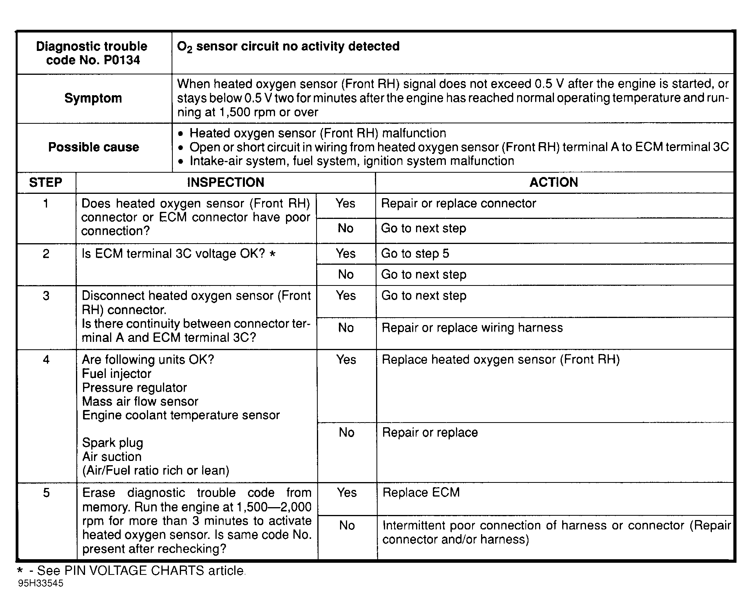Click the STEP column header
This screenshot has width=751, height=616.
tap(45, 182)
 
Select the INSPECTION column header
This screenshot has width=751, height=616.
tap(225, 182)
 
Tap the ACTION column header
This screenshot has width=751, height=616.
tap(554, 182)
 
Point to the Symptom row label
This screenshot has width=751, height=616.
tap(93, 98)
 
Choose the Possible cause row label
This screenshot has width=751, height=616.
tap(94, 147)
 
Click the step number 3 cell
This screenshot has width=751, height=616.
tap(46, 296)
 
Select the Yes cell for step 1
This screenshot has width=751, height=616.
tap(345, 204)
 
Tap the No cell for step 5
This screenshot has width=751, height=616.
tap(347, 526)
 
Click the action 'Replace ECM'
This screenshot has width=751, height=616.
tap(421, 493)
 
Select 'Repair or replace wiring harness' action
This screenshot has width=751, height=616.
tap(472, 328)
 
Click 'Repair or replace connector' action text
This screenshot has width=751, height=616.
tap(458, 204)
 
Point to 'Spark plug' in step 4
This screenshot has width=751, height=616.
tap(112, 443)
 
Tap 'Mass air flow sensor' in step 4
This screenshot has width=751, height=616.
tap(140, 401)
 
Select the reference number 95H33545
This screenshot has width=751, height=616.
tap(41, 583)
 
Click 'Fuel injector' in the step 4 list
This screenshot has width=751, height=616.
tap(116, 374)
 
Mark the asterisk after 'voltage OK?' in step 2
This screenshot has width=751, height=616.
tap(273, 254)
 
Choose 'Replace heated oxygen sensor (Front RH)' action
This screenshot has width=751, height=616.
tap(501, 360)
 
